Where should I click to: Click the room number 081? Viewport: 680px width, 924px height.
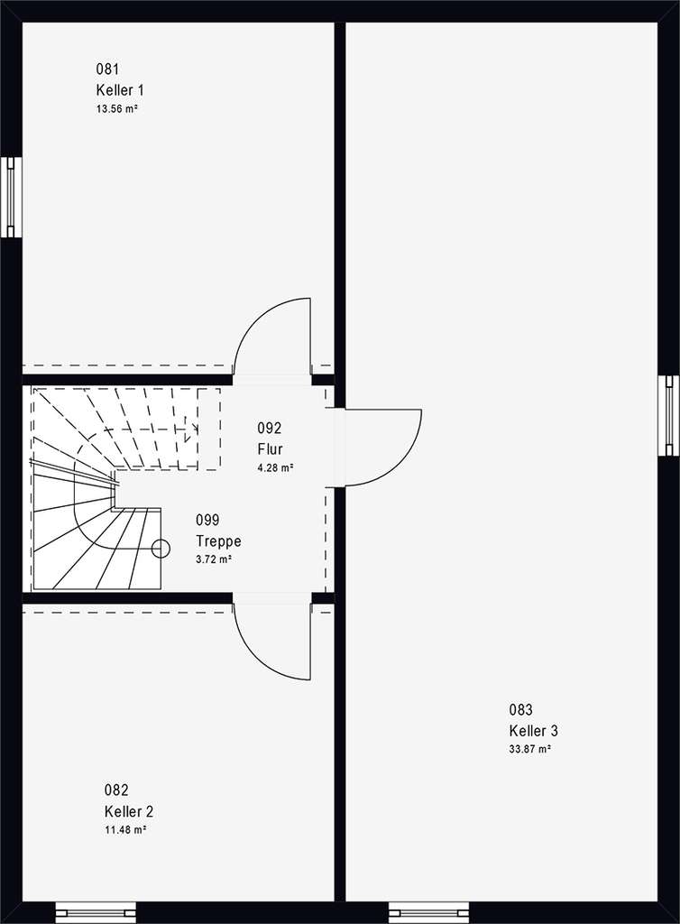(x=107, y=69)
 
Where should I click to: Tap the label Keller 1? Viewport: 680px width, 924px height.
(x=119, y=89)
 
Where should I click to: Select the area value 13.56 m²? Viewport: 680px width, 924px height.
(x=116, y=108)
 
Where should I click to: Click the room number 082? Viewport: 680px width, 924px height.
(x=115, y=790)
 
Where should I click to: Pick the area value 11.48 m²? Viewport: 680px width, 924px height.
(x=124, y=829)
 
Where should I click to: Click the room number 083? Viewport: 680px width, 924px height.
(x=520, y=709)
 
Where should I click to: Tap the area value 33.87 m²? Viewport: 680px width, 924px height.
(x=529, y=749)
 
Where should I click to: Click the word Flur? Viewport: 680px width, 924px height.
(x=271, y=448)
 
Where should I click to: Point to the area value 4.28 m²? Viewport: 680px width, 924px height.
(x=275, y=467)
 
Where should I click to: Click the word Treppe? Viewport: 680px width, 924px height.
(x=218, y=541)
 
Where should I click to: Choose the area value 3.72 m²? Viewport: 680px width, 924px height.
(x=214, y=560)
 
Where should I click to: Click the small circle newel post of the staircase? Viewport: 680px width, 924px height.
(x=161, y=547)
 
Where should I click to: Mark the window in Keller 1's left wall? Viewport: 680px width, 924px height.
(x=10, y=198)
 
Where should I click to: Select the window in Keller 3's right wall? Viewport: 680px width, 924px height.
(x=668, y=416)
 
